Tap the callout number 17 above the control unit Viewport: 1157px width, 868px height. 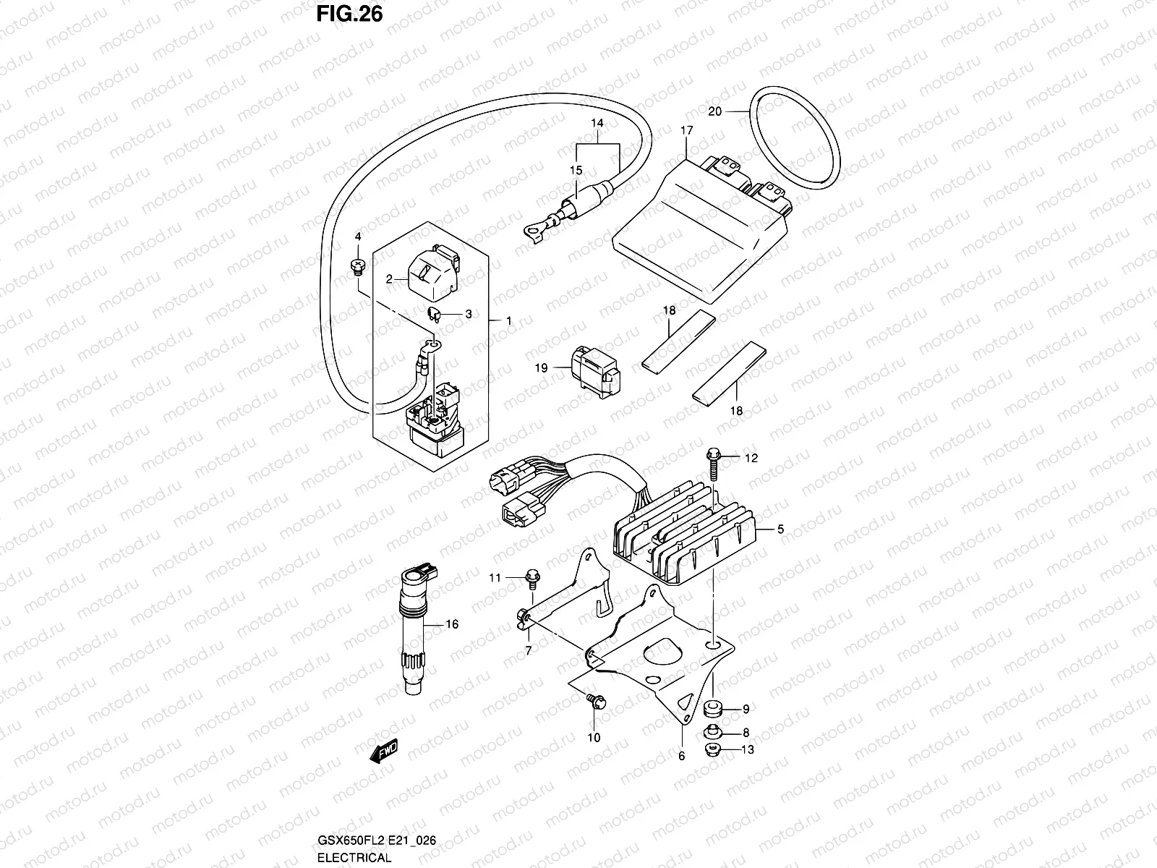point(686,131)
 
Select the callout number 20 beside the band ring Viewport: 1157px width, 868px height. point(714,111)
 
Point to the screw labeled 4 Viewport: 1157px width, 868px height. point(356,267)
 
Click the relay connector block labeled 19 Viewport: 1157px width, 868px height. point(596,372)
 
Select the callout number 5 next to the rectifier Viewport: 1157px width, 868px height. point(780,529)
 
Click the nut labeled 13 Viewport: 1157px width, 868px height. point(711,750)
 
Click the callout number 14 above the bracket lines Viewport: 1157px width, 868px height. point(597,124)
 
